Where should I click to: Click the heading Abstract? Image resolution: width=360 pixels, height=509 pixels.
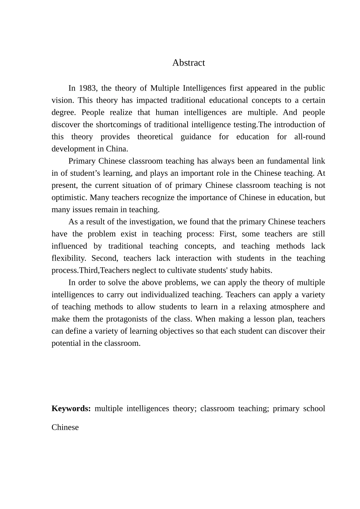click(188, 63)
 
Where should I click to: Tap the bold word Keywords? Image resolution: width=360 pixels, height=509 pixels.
click(71, 409)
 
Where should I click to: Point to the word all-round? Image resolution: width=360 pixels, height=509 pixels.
click(310, 137)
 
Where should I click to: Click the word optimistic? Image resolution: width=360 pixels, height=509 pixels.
click(69, 198)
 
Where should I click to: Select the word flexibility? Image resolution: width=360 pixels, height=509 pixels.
click(69, 258)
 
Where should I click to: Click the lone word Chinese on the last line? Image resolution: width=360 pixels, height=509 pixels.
click(65, 428)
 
